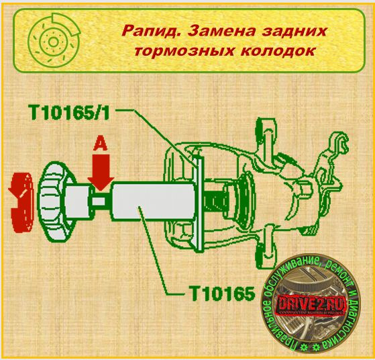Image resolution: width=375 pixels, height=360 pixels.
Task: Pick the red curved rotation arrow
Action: (20, 201)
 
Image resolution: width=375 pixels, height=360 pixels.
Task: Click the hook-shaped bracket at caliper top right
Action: (339, 144)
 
